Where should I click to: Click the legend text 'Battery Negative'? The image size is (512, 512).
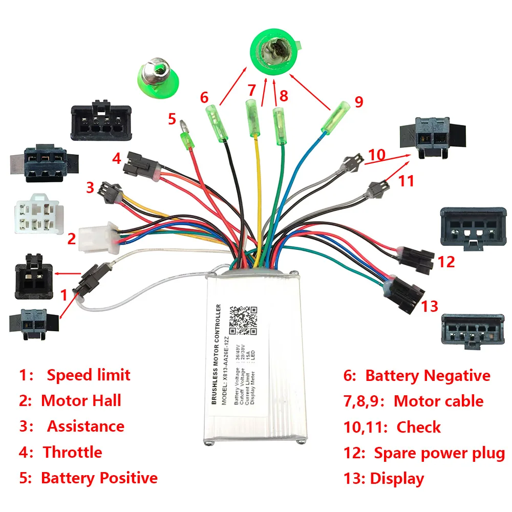(428, 376)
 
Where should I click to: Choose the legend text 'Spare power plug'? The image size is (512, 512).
(439, 453)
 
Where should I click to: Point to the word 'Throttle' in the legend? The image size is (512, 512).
(72, 453)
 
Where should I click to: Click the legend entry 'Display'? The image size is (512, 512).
(397, 479)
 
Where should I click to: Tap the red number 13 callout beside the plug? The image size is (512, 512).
(430, 306)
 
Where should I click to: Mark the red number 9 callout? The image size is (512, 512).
(358, 101)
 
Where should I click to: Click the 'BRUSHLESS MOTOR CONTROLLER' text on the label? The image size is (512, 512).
(218, 354)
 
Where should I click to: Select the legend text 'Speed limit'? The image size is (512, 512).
(89, 375)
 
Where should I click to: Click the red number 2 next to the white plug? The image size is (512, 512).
(72, 239)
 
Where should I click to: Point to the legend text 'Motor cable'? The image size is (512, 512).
(438, 401)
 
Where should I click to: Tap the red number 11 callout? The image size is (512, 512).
(406, 181)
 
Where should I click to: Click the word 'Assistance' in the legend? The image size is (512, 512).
(86, 426)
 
